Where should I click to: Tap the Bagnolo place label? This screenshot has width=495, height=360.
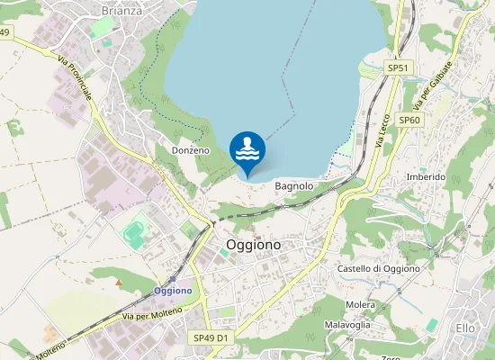[x=293, y=186]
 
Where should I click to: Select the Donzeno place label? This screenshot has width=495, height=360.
[x=190, y=150]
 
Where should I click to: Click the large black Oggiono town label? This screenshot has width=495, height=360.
[x=253, y=245]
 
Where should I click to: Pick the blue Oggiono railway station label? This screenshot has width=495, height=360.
[x=173, y=291]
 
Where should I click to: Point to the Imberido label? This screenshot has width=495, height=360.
[x=426, y=177]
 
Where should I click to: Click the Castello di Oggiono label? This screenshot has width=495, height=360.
[x=379, y=269]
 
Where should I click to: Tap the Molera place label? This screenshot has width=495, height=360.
[x=360, y=305]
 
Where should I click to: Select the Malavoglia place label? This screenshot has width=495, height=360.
[x=347, y=324]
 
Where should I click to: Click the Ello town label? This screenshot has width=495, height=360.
[x=465, y=328]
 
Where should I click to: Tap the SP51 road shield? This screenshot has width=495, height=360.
[x=398, y=68]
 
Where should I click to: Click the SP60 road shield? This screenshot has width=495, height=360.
[x=409, y=120]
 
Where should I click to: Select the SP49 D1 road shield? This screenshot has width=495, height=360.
[x=211, y=337]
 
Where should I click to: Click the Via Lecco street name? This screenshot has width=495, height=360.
[x=381, y=130]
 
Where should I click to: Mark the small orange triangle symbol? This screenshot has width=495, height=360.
[x=119, y=283]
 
